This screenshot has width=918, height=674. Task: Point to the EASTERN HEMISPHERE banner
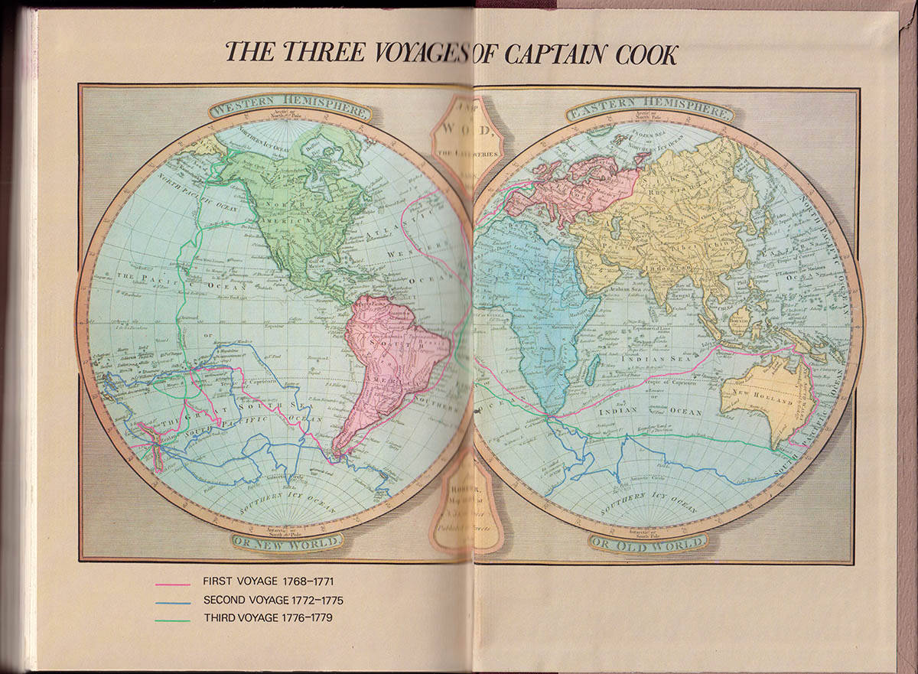(649, 110)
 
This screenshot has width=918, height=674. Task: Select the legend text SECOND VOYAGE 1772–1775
(269, 600)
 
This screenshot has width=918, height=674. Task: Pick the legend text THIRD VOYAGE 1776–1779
(267, 617)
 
